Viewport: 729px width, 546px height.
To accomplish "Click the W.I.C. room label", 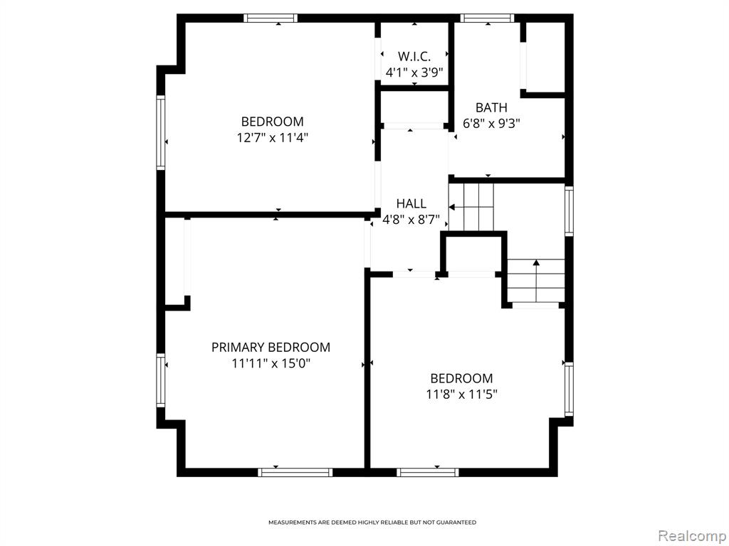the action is point(414,56).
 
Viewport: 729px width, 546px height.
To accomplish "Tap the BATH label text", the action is point(491,107).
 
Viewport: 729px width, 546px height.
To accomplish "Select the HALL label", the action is point(411,203).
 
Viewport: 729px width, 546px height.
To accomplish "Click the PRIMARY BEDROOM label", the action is point(271,347).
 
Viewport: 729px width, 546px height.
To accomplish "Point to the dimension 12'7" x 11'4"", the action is point(273,137).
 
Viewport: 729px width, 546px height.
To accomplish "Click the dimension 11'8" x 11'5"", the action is point(461,394).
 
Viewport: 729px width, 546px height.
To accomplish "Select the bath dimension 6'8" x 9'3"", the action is point(491,124).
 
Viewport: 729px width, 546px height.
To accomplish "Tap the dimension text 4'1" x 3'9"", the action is point(414,73).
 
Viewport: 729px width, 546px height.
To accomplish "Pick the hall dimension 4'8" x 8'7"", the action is point(411,220).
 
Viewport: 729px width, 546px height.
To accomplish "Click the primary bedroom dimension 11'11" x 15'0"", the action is point(271,363).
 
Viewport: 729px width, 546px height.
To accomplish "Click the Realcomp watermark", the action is point(692,536).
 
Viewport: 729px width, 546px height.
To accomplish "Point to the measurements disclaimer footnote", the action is point(372,523).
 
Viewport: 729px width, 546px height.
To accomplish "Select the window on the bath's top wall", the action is point(487,18).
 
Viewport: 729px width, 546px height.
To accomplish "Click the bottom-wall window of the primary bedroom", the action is point(295,472).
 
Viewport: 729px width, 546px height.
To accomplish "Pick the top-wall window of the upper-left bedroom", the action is point(271,18).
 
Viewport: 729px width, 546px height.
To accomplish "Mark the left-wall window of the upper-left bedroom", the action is point(161,132).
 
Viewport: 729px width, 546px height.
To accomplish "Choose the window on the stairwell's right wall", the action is point(569,210).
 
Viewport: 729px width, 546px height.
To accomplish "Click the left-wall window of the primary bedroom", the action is point(161,380).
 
